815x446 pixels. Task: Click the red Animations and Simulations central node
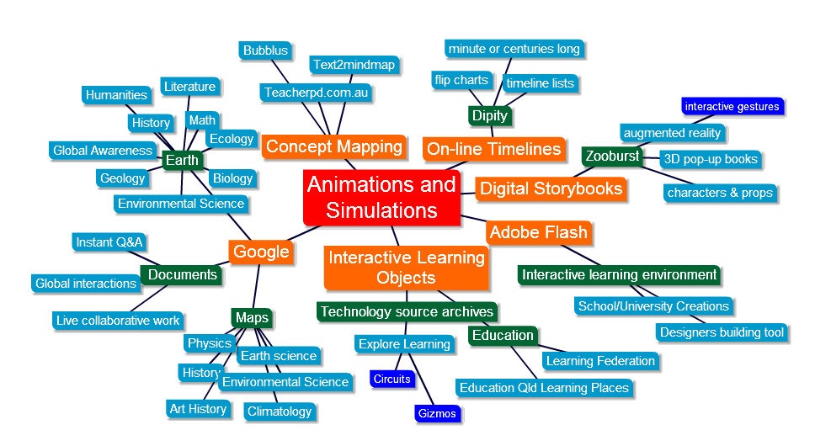pyautogui.click(x=381, y=197)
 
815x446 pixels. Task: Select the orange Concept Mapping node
pyautogui.click(x=333, y=147)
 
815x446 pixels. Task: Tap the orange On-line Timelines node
pyautogui.click(x=493, y=149)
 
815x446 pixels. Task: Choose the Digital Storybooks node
pyautogui.click(x=551, y=188)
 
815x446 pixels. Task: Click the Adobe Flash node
pyautogui.click(x=538, y=232)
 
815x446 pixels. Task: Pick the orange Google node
pyautogui.click(x=261, y=252)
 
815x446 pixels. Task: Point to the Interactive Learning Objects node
pyautogui.click(x=406, y=267)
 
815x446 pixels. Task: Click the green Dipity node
pyautogui.click(x=488, y=115)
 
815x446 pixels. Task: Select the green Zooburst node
pyautogui.click(x=611, y=156)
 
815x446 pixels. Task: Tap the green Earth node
pyautogui.click(x=182, y=160)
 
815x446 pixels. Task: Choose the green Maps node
pyautogui.click(x=252, y=318)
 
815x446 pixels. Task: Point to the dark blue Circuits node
pyautogui.click(x=392, y=379)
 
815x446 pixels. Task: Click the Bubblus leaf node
pyautogui.click(x=265, y=50)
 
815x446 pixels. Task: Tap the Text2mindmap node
pyautogui.click(x=353, y=65)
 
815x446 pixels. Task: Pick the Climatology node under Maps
pyautogui.click(x=279, y=411)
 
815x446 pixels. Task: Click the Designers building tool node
pyautogui.click(x=722, y=332)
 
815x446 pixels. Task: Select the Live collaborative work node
pyautogui.click(x=118, y=321)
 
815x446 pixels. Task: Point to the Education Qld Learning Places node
pyautogui.click(x=543, y=388)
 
